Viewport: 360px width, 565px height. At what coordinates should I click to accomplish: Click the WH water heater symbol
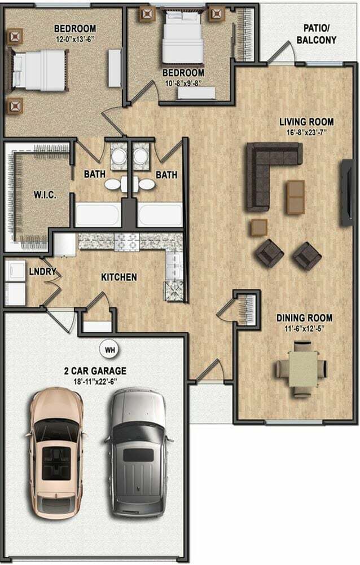click(111, 349)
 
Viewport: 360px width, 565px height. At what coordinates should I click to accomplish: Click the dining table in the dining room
click(301, 368)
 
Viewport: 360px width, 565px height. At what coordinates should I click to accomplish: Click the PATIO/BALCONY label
click(319, 34)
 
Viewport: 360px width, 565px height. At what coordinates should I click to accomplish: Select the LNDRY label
click(43, 272)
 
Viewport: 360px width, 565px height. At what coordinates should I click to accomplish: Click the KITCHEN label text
click(118, 277)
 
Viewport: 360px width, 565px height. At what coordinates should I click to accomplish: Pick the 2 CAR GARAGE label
click(94, 371)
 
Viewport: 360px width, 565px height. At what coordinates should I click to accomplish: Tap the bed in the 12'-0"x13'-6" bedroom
click(38, 69)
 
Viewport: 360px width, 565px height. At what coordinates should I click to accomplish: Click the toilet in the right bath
click(146, 183)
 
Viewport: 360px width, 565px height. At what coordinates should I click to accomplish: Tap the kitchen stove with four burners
click(174, 290)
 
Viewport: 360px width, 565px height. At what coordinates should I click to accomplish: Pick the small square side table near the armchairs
click(259, 227)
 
